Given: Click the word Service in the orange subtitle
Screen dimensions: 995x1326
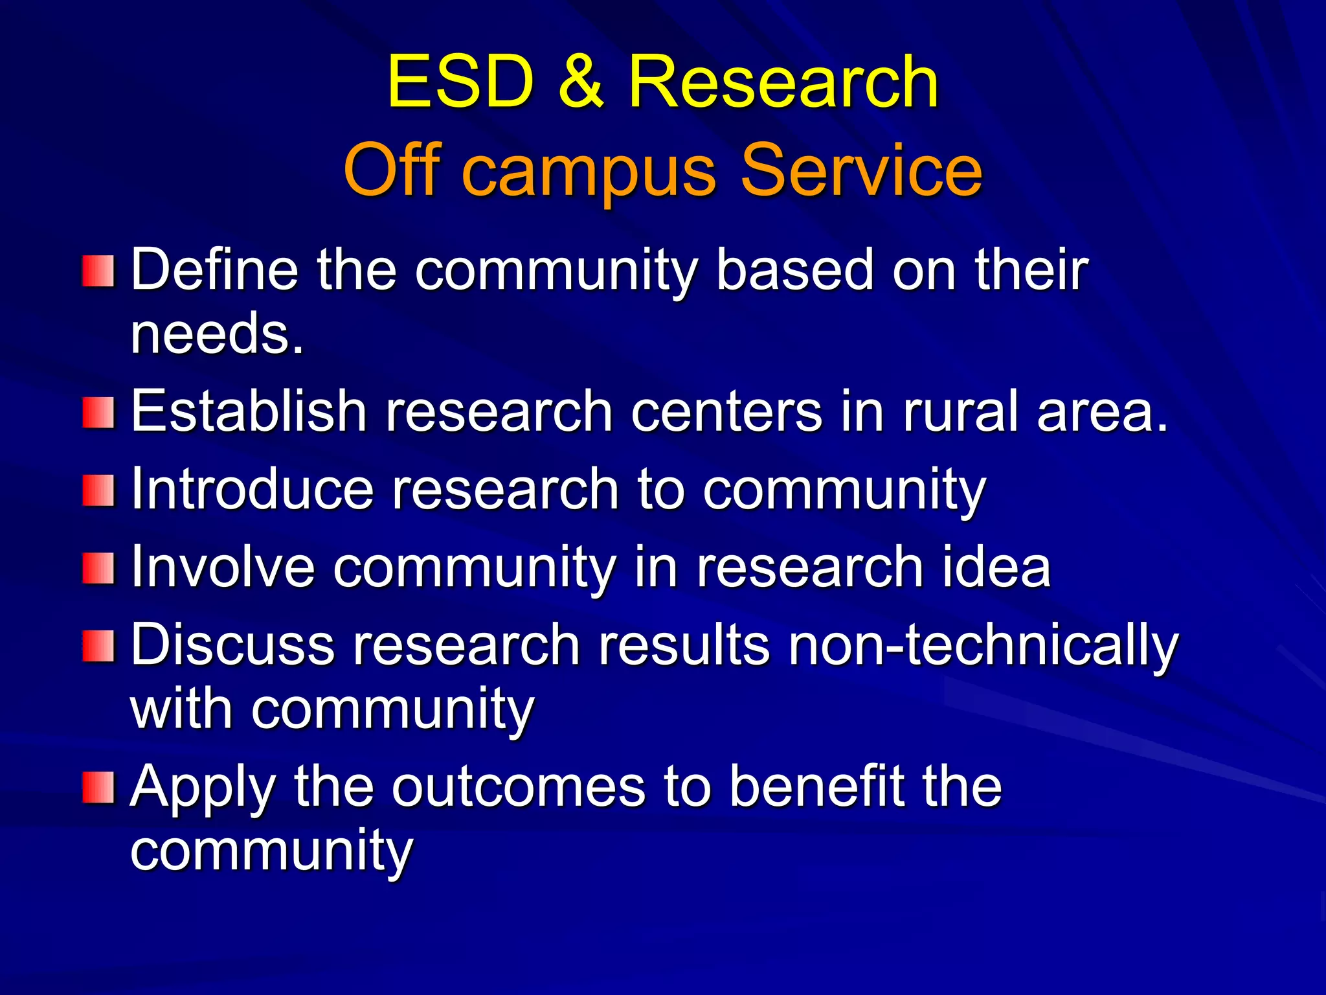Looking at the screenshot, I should point(861,170).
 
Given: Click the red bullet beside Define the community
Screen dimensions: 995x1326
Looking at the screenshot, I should point(98,271).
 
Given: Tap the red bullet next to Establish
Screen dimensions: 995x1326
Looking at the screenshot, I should point(98,413).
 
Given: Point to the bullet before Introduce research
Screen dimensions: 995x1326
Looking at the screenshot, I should point(98,490).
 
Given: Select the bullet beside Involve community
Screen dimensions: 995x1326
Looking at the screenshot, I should point(98,568).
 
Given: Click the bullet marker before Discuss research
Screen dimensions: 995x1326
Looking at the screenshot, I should point(98,646).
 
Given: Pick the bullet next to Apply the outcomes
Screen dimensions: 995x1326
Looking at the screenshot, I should point(98,787).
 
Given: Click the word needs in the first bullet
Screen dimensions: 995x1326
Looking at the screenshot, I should point(216,334).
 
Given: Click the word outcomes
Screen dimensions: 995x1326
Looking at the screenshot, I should point(519,786).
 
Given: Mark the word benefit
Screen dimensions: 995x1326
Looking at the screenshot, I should point(817,786).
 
